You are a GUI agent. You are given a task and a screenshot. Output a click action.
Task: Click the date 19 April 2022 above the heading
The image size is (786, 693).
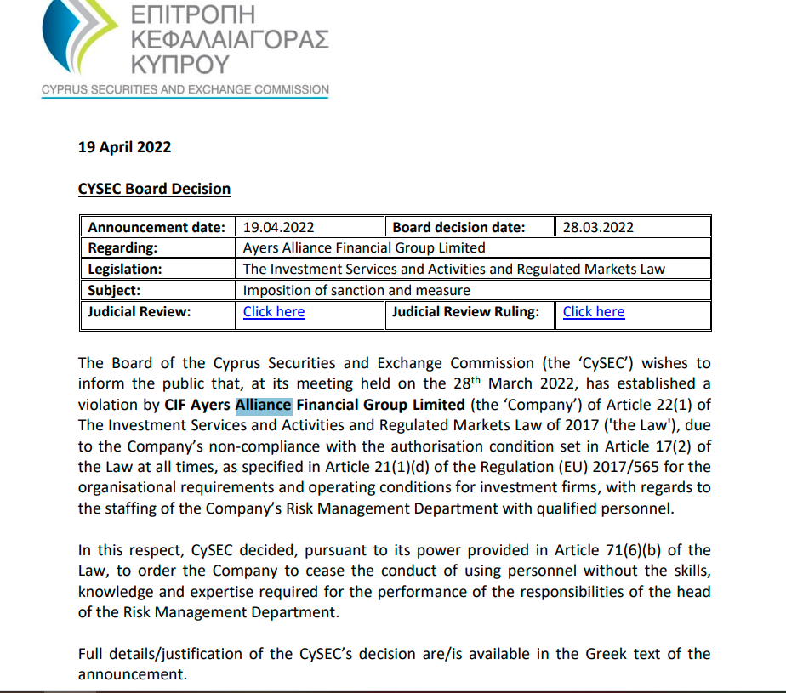[x=124, y=147]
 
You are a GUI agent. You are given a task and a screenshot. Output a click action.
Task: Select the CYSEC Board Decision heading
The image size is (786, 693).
[x=154, y=189]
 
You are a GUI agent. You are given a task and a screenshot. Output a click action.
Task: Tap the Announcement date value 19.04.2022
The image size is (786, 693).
[x=278, y=227]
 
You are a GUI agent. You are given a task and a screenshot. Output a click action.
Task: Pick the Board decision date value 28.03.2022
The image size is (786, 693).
[x=598, y=227]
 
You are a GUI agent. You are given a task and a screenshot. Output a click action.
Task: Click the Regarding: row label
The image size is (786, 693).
[x=123, y=248]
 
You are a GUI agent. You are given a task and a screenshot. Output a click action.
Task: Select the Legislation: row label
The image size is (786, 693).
[x=125, y=269]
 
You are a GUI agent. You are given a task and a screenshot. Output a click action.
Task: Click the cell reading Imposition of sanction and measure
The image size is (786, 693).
[x=356, y=290]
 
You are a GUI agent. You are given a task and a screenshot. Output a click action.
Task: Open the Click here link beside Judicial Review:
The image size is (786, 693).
[x=274, y=311]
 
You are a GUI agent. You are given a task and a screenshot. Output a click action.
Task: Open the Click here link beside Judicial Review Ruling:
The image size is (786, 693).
[x=594, y=311]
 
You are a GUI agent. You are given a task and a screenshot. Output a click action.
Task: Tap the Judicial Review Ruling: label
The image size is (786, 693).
[x=465, y=311]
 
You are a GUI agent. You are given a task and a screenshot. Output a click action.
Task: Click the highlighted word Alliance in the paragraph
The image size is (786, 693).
[x=264, y=405]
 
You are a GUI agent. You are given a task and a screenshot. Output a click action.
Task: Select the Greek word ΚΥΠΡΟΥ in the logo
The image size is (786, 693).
[x=180, y=64]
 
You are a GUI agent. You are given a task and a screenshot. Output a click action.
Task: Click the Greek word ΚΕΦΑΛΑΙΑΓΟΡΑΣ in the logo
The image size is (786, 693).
[x=230, y=39]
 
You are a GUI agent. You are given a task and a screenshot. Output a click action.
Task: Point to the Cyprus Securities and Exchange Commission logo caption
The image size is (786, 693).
[x=185, y=89]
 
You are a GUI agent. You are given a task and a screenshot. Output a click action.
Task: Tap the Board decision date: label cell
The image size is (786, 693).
[x=458, y=227]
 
